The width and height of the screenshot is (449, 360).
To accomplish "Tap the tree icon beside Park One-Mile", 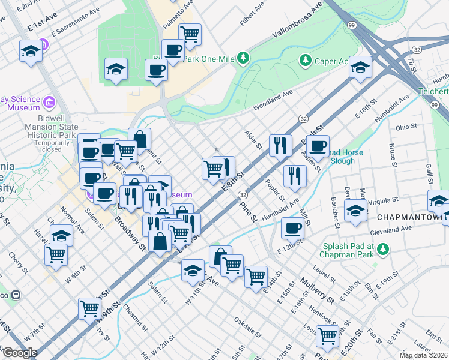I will click(243, 58).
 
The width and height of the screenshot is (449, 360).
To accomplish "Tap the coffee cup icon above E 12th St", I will click(292, 228).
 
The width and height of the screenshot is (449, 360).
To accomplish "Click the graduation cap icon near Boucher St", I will click(356, 211).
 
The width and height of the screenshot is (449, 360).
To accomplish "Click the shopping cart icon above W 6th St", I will click(56, 254).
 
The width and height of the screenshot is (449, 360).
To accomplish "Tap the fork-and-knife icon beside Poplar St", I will click(295, 175).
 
